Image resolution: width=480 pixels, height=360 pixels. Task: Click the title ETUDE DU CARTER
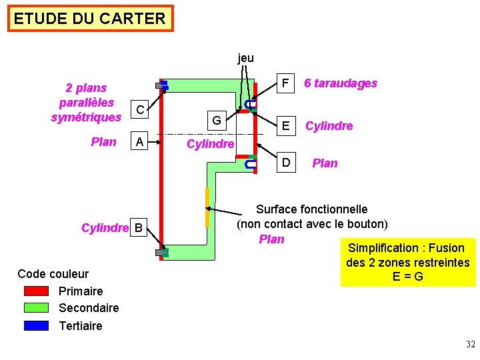(x=90, y=19)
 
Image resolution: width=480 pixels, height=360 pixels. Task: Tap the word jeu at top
(x=245, y=58)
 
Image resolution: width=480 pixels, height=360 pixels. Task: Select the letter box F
(x=285, y=83)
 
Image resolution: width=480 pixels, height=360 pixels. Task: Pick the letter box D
(x=285, y=163)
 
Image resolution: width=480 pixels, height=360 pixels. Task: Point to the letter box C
(x=139, y=109)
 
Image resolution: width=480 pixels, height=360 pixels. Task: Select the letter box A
(x=139, y=141)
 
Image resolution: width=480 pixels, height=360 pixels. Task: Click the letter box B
(x=139, y=229)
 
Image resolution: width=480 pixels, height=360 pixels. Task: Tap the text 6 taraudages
(x=340, y=83)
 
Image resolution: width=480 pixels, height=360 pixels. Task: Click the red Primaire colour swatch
(x=36, y=291)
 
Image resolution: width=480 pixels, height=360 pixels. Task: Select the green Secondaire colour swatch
(x=36, y=308)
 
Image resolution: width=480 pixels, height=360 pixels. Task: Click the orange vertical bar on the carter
(x=207, y=207)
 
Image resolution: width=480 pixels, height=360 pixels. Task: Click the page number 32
(x=470, y=345)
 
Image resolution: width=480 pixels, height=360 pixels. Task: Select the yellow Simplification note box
(x=408, y=262)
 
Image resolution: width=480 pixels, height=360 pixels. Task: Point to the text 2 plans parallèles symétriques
(x=86, y=103)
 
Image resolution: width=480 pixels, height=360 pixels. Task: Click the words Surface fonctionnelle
(x=311, y=209)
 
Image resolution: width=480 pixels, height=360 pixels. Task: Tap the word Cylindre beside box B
(x=105, y=229)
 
